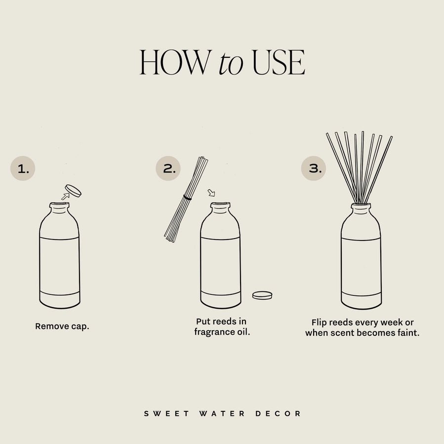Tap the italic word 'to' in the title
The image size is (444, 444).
(x=230, y=64)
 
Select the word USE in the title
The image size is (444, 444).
(x=278, y=63)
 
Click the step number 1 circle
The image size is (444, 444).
(x=23, y=169)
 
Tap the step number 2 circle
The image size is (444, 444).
(x=168, y=169)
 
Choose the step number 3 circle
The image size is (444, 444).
(x=314, y=168)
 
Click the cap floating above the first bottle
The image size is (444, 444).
(x=74, y=190)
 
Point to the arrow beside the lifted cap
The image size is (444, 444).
(x=64, y=197)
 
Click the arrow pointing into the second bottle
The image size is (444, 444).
(x=211, y=193)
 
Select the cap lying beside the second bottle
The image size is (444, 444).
(x=262, y=295)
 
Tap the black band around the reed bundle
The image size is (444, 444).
(x=187, y=198)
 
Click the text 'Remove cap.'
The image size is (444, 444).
(x=62, y=326)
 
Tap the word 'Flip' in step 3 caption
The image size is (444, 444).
(x=320, y=322)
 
